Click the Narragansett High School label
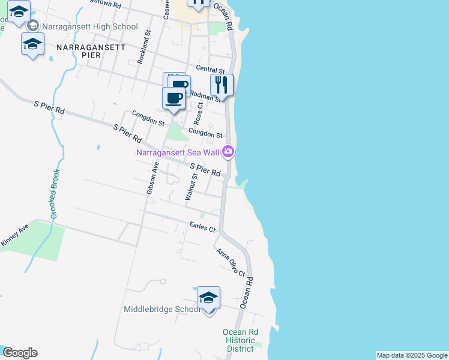[x=89, y=26]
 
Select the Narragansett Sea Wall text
[x=178, y=152]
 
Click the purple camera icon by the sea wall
[x=228, y=152]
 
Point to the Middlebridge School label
[x=162, y=310]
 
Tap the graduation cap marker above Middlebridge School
[x=208, y=298]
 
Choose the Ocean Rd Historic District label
[x=241, y=340]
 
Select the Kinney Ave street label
[x=14, y=235]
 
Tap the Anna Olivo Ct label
[x=231, y=263]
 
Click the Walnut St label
[x=190, y=187]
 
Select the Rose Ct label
[x=199, y=113]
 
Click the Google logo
[x=19, y=353]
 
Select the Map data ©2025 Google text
[x=412, y=355]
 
